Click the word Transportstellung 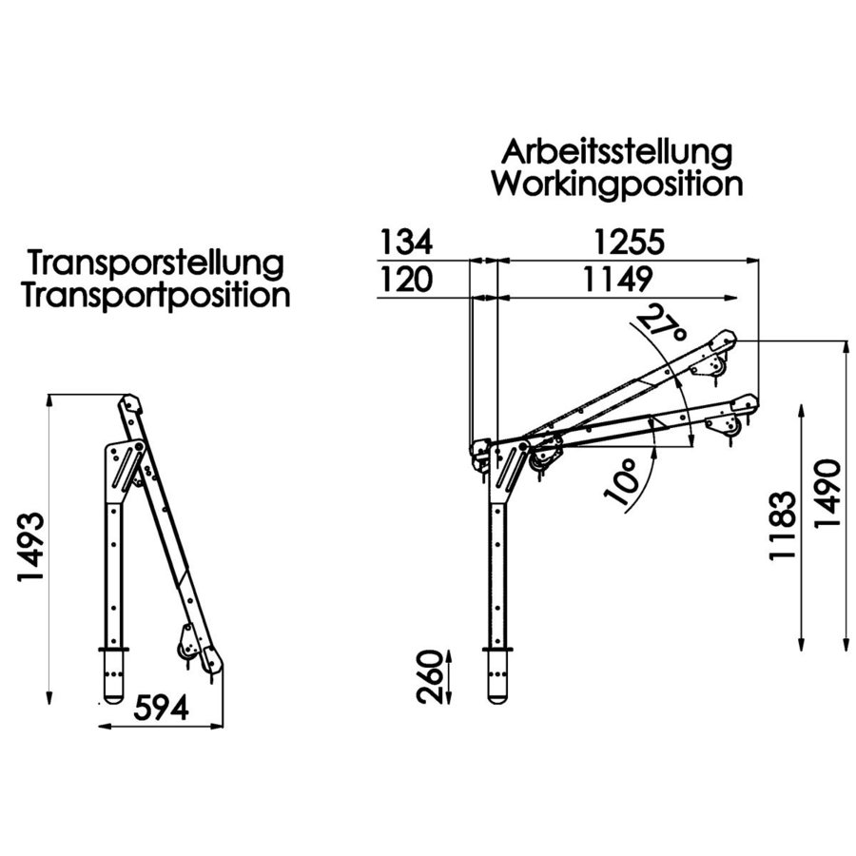(x=156, y=263)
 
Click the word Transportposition (x=156, y=295)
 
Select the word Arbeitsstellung (x=617, y=151)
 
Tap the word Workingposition (x=617, y=184)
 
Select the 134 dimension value (x=406, y=243)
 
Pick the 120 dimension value (x=406, y=280)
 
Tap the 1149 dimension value (x=616, y=280)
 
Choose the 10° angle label (x=619, y=483)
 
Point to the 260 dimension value (x=431, y=677)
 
